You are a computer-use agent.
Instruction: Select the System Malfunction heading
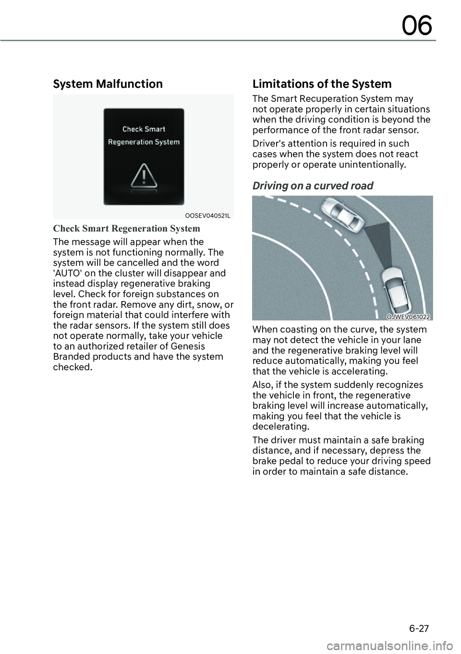click(x=108, y=84)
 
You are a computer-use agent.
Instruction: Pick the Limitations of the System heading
click(x=322, y=84)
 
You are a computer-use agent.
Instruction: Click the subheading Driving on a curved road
click(x=313, y=186)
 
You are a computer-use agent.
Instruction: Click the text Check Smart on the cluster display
click(x=144, y=129)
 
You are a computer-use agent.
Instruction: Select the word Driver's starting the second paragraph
click(x=269, y=144)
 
